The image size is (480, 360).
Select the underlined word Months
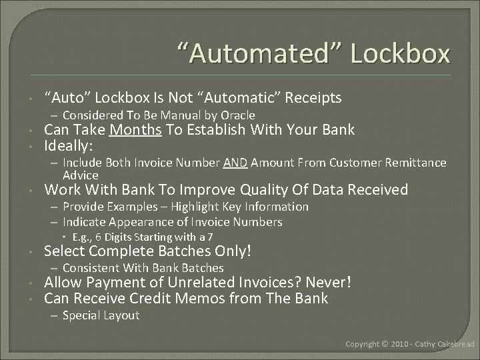click(x=136, y=129)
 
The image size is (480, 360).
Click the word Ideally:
click(x=69, y=145)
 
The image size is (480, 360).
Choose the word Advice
click(x=80, y=175)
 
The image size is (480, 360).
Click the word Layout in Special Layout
click(x=120, y=315)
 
